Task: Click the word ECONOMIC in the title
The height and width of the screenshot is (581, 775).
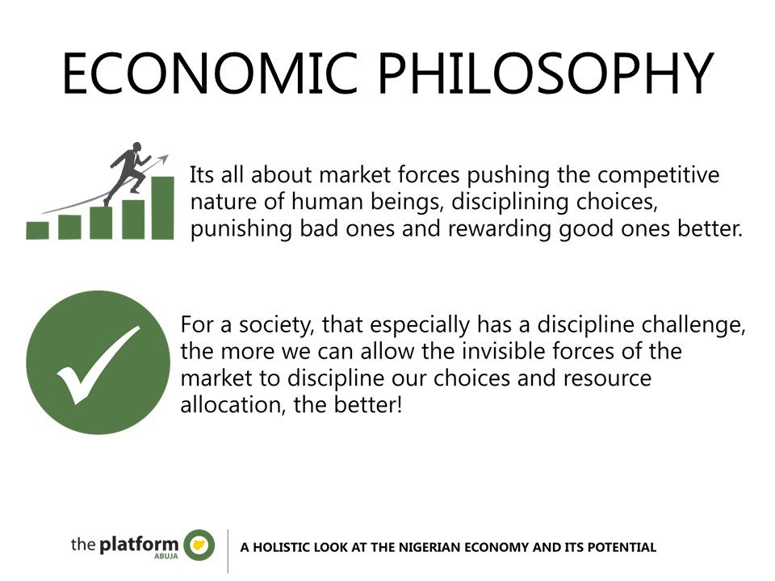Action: [210, 73]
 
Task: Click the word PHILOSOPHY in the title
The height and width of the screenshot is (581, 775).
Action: [546, 73]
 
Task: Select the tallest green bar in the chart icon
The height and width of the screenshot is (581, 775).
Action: [162, 207]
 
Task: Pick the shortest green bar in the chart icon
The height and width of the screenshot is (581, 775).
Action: [38, 230]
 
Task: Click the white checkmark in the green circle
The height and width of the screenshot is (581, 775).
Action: [98, 365]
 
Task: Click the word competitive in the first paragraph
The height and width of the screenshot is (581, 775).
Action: [659, 175]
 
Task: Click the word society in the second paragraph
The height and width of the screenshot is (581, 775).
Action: [277, 325]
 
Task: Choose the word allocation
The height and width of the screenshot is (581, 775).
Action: [232, 404]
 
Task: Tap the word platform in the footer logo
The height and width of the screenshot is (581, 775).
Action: [139, 545]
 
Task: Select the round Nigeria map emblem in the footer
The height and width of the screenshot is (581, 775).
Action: [199, 545]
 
